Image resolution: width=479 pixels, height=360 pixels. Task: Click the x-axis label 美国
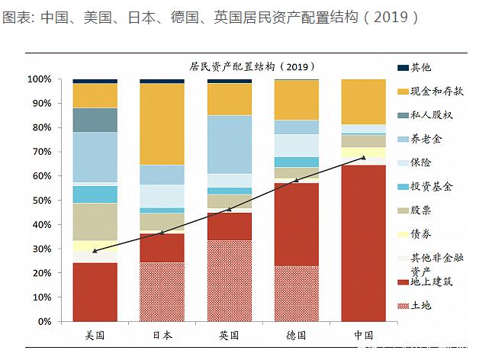coord(95,336)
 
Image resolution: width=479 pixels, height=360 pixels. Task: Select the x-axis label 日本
coord(162,336)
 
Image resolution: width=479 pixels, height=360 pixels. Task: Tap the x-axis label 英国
coord(229,336)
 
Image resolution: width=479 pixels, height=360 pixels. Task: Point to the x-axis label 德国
coord(296,336)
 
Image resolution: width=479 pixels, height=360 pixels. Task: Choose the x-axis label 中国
coord(363,336)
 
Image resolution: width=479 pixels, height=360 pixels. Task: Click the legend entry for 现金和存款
coord(437,92)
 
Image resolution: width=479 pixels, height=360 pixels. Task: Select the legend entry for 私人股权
coord(432,115)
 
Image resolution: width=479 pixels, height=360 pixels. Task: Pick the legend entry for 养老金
coord(426,139)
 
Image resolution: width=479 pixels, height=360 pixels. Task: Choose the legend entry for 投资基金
coord(432,186)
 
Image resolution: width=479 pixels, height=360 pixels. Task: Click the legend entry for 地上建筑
coord(432,282)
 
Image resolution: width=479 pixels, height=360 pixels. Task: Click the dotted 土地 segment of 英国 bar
coord(229,281)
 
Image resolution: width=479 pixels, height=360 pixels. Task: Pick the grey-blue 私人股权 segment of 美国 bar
coord(95,120)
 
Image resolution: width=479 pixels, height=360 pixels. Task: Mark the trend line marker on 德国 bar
coord(296,181)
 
